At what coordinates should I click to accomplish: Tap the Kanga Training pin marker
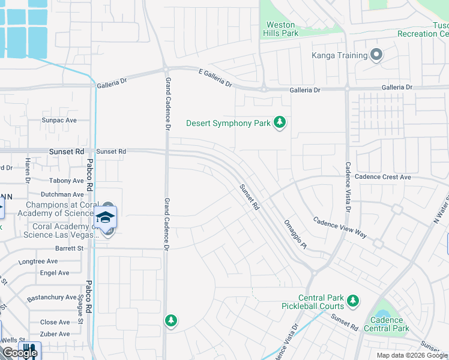pyautogui.click(x=376, y=56)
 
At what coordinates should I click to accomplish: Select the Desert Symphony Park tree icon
pyautogui.click(x=279, y=123)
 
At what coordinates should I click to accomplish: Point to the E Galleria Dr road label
pyautogui.click(x=215, y=77)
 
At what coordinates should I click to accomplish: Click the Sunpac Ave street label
pyautogui.click(x=59, y=120)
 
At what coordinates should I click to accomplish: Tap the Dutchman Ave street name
pyautogui.click(x=62, y=194)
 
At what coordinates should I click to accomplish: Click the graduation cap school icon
pyautogui.click(x=106, y=217)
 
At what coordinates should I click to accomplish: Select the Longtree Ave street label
pyautogui.click(x=38, y=262)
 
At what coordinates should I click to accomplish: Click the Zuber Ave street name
pyautogui.click(x=55, y=334)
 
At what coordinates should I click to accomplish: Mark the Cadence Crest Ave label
pyautogui.click(x=382, y=177)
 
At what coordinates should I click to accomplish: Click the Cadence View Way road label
pyautogui.click(x=340, y=228)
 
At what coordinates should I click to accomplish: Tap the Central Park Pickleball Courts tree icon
pyautogui.click(x=353, y=299)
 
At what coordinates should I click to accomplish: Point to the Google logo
pyautogui.click(x=19, y=353)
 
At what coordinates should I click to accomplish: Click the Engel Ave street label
pyautogui.click(x=55, y=273)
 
